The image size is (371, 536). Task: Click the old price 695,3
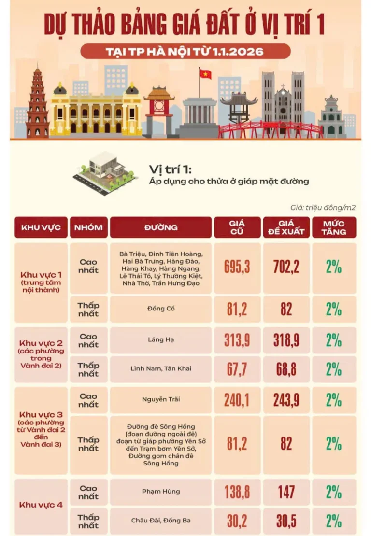click(237, 268)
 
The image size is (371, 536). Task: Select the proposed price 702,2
click(286, 268)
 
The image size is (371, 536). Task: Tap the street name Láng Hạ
click(160, 340)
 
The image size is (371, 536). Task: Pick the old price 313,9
click(237, 340)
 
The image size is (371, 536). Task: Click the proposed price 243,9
click(286, 400)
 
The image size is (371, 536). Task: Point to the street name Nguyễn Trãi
click(160, 400)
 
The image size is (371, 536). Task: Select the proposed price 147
click(286, 492)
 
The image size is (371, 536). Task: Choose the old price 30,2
click(237, 521)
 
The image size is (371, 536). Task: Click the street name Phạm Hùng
click(160, 492)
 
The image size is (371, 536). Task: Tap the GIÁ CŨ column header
click(237, 227)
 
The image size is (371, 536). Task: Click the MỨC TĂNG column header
click(334, 227)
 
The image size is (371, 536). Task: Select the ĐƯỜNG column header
click(160, 227)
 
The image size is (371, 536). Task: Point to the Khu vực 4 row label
click(41, 505)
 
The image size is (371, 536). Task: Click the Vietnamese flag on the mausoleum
click(205, 74)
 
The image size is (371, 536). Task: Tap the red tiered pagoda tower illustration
click(37, 104)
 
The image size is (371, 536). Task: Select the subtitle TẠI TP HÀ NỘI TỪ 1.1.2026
click(185, 51)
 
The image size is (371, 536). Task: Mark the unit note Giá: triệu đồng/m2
click(323, 208)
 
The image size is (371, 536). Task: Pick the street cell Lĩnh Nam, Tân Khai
click(160, 369)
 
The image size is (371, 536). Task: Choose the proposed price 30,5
click(286, 521)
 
